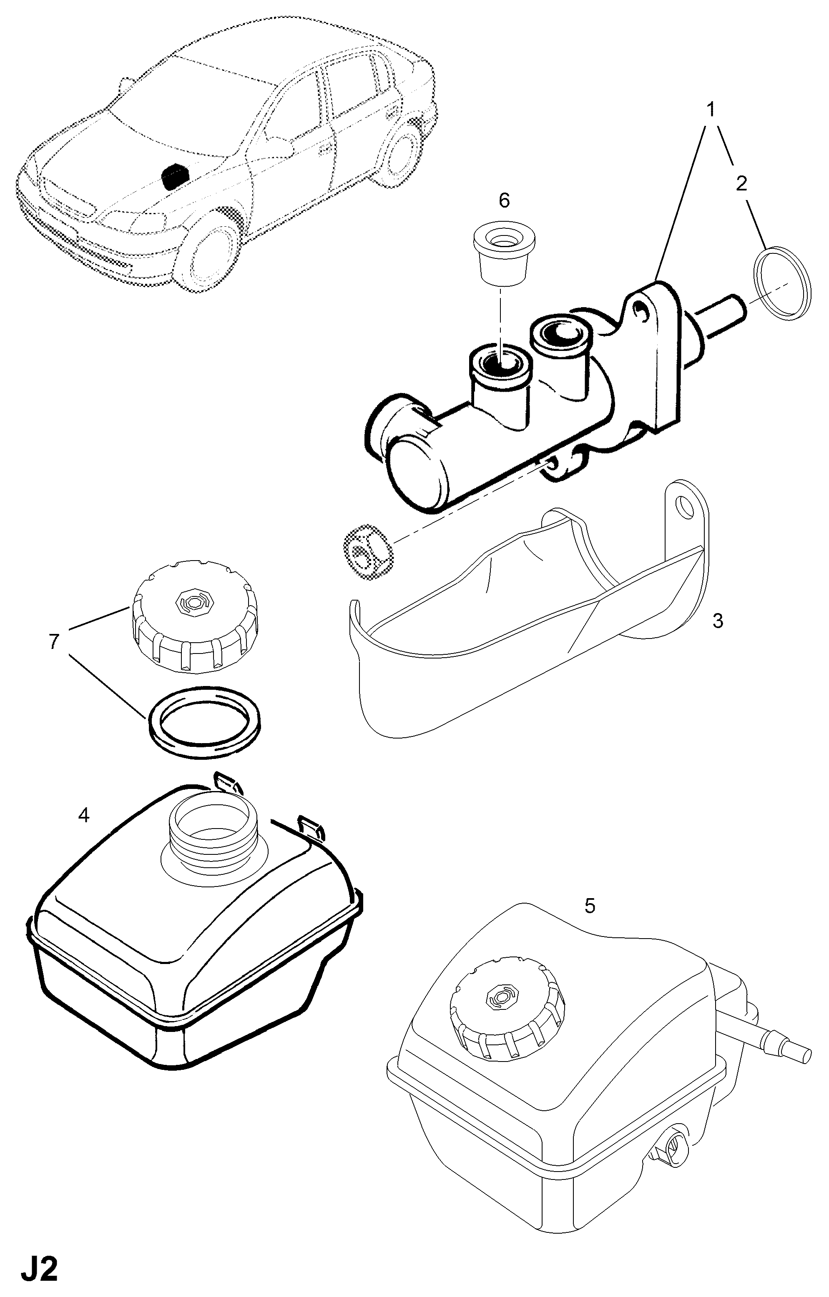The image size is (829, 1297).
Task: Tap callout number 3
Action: [x=717, y=621]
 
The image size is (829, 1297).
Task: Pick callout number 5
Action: [x=590, y=906]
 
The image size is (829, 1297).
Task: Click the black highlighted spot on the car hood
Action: [x=175, y=175]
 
